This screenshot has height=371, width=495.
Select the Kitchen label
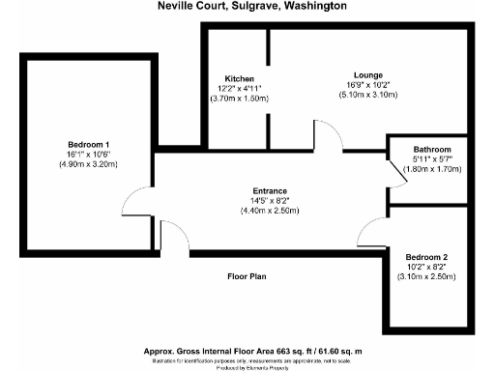(x=240, y=78)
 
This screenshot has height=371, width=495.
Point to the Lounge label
(x=368, y=75)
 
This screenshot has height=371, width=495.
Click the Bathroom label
(x=432, y=151)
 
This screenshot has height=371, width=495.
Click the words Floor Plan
(x=247, y=277)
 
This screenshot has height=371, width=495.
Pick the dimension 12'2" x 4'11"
(x=240, y=89)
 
